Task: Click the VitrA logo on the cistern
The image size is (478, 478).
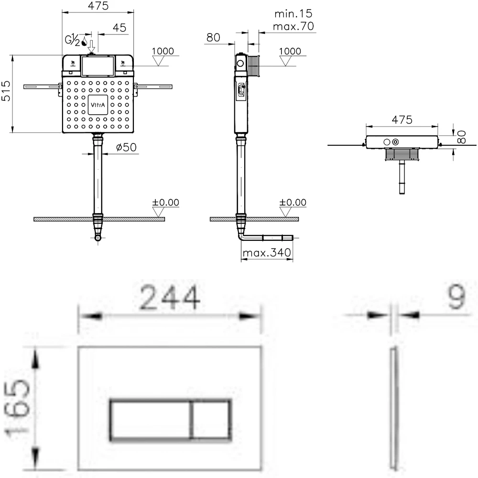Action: click(98, 105)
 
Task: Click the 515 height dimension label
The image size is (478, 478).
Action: click(6, 91)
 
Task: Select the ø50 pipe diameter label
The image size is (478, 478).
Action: click(126, 147)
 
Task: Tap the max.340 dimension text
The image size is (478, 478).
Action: click(267, 253)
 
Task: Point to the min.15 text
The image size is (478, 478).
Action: click(293, 13)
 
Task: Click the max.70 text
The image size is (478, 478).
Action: click(293, 26)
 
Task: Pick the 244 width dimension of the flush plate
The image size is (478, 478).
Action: click(170, 297)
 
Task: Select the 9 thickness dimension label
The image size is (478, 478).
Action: click(456, 297)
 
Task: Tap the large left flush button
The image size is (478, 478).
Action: click(150, 420)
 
